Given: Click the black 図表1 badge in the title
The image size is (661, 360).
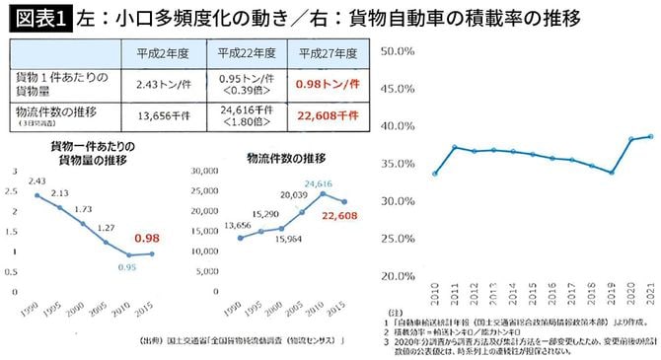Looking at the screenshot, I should [33, 17].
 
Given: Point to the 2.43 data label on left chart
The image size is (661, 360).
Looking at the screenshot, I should [38, 181].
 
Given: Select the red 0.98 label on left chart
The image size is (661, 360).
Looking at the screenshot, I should [147, 238].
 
